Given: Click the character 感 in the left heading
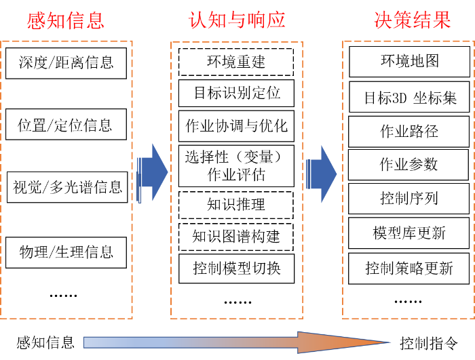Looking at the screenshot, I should pos(37,20).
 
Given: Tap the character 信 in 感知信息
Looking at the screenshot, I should pos(76,20).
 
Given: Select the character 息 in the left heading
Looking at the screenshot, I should pos(96,20).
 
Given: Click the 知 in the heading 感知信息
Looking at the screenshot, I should pos(56,20).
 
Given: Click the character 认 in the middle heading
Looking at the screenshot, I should pos(198,20).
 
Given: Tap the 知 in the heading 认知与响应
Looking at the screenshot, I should pos(218,20).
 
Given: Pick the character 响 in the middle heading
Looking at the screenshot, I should pos(256,20).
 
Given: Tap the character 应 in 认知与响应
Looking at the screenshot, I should pos(276,20).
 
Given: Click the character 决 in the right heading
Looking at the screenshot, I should pos(383,20).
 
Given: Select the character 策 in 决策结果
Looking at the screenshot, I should pos(403,20).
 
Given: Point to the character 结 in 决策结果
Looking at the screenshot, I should pos(423,20).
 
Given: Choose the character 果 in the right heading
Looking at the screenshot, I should pos(442,20).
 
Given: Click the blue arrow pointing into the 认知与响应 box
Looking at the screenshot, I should pos(154,173).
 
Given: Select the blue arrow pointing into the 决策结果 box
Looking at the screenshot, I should pos(323,174).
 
